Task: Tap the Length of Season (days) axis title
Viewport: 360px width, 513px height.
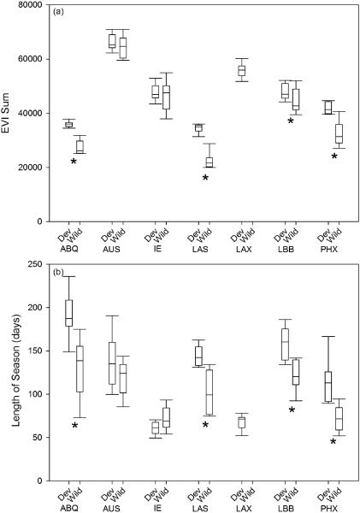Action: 18,372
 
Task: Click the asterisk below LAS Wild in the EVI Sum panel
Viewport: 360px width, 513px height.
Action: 205,178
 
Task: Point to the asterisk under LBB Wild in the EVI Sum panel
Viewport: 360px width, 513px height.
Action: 291,121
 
